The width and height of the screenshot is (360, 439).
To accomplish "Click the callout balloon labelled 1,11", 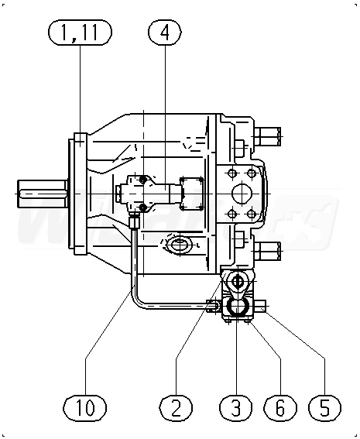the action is click(x=80, y=33).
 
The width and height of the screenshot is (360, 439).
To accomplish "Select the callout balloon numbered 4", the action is click(x=165, y=33).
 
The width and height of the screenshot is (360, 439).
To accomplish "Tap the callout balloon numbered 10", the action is click(x=85, y=407).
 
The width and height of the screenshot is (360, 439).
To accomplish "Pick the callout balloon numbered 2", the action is click(x=176, y=407).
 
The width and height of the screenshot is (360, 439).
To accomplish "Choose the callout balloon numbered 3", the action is click(x=236, y=407).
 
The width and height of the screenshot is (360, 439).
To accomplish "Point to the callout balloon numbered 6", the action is click(x=280, y=407).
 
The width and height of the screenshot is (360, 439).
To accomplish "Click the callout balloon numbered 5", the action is click(x=324, y=407).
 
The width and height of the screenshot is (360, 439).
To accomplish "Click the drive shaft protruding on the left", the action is click(x=43, y=194).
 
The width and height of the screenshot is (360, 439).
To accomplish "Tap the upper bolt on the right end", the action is click(x=268, y=136).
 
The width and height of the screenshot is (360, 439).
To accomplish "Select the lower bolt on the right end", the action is click(x=268, y=251).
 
